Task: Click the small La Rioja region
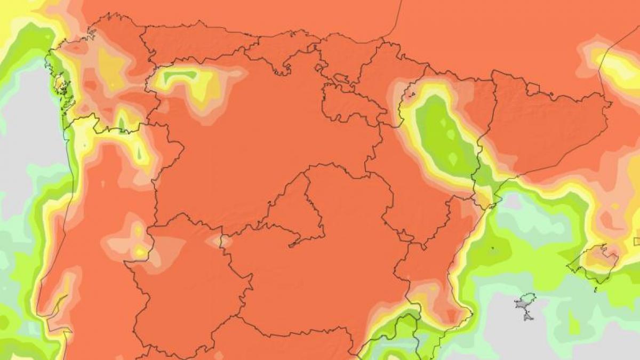click(349, 104)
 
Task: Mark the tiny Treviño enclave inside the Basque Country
click(341, 81)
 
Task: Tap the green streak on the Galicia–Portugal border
click(122, 123)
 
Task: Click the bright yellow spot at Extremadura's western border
click(140, 251)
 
